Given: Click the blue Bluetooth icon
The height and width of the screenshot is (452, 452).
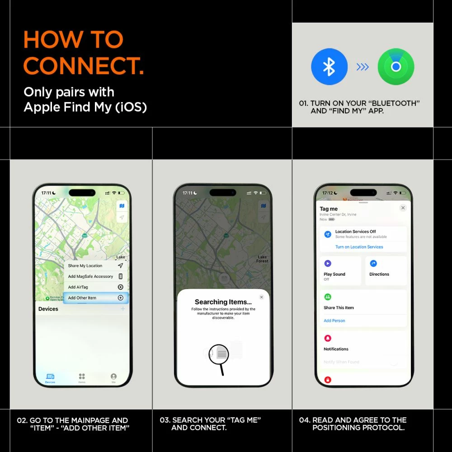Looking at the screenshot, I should (x=329, y=67).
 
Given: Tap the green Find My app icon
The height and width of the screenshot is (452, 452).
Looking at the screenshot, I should (x=396, y=67).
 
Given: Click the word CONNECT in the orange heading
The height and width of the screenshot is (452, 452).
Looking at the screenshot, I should (x=84, y=66).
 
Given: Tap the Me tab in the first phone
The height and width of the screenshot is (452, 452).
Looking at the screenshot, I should (x=113, y=378).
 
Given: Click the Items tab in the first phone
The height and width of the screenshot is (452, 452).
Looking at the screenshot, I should (x=82, y=378).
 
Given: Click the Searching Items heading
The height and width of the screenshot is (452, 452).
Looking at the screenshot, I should (x=223, y=302).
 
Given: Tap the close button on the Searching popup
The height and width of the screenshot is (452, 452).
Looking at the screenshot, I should (x=261, y=297).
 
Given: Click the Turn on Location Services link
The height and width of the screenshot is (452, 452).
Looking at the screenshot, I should (x=359, y=247).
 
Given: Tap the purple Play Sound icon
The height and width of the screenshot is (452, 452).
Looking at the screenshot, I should (x=328, y=264).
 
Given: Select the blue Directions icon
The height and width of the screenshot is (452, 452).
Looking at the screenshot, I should (x=373, y=264).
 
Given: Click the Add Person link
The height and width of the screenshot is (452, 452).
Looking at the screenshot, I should (x=334, y=320).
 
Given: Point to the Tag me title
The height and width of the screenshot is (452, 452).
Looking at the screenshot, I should (x=329, y=209).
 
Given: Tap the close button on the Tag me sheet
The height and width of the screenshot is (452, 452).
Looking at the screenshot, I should (x=403, y=208).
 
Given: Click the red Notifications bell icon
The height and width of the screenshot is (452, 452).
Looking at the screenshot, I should (x=328, y=338).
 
